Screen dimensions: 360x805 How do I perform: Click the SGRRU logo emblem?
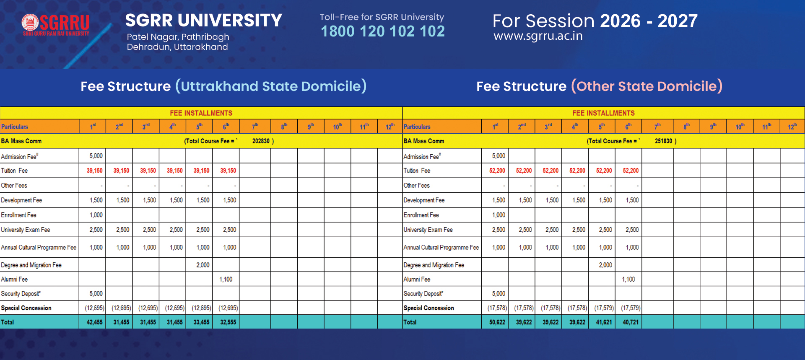[30, 22]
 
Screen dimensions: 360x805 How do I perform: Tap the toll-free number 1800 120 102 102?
[382, 31]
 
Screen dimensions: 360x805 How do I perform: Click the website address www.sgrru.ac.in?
[538, 36]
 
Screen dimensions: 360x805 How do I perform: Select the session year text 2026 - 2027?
[649, 21]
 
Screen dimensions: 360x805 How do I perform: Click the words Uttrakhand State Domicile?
[271, 86]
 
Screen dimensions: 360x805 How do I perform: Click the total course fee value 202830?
[261, 141]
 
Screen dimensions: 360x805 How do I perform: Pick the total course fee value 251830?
[663, 141]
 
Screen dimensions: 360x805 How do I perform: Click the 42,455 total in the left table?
[94, 322]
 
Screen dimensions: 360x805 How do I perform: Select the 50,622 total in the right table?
[497, 322]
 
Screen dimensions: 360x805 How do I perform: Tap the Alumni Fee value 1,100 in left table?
[226, 279]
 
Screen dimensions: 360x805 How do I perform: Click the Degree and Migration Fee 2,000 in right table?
[605, 265]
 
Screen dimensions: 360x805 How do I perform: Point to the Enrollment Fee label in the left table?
[18, 215]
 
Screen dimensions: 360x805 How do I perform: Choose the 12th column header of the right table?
[792, 127]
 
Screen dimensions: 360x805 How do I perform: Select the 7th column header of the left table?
[255, 127]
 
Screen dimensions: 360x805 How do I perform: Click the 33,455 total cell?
[201, 322]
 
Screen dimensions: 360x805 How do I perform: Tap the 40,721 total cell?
[630, 322]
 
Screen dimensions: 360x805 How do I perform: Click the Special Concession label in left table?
[26, 308]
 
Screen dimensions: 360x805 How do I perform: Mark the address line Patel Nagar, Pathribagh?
[178, 37]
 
